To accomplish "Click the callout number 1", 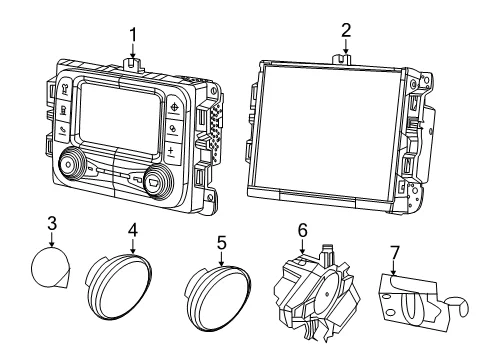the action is [133, 35].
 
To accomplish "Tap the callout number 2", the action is [346, 30].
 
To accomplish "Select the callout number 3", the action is [52, 224].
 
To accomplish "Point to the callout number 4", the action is [133, 230].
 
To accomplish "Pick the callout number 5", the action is [222, 243].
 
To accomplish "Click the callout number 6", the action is [302, 230].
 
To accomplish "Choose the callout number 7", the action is [394, 253].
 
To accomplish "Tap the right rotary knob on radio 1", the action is [158, 182].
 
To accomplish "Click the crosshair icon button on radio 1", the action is [174, 107].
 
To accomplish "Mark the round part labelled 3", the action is [51, 267].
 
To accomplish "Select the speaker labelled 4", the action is [118, 287].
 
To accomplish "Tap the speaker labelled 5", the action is [217, 299].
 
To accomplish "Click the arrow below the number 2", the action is [346, 46].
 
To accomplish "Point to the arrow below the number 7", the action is [394, 268].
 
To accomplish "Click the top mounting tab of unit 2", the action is [342, 59].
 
